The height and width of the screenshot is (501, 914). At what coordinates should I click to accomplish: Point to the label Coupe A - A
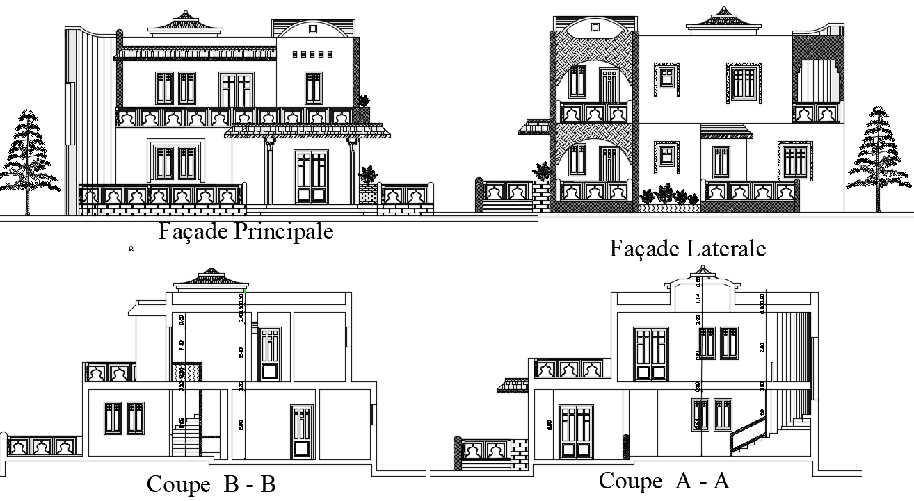[664, 480]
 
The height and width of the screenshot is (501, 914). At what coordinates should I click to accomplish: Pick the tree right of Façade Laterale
[879, 156]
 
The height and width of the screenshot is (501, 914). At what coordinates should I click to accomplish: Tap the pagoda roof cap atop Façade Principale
[185, 22]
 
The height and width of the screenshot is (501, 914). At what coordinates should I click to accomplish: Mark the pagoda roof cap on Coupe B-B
[211, 277]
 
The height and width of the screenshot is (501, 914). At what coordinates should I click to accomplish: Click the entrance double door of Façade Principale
[311, 177]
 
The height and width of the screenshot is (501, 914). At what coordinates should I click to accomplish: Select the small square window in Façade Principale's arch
[312, 28]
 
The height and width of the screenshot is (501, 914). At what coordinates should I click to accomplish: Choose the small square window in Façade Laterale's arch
[595, 27]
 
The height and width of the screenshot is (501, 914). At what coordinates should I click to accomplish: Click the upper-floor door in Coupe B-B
[270, 354]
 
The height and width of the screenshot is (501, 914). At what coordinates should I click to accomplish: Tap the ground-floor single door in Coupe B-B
[301, 432]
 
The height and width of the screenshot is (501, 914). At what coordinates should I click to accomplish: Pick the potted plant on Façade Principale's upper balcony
[364, 101]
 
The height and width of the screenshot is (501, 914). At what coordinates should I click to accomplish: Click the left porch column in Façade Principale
[268, 172]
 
